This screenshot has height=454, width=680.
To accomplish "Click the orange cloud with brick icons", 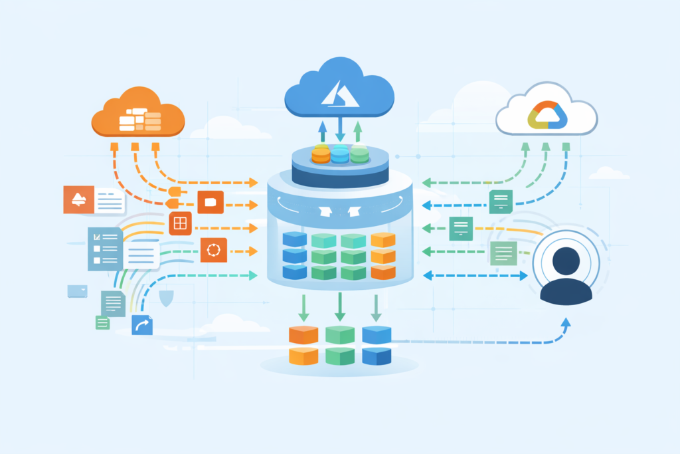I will pos(139,114).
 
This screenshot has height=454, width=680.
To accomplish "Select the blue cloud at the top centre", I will pos(339,89).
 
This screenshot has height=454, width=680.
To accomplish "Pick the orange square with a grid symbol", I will pos(180,224).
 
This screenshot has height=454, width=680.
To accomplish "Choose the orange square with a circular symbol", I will pos(213,250).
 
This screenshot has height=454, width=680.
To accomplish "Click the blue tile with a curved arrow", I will pos(142,325).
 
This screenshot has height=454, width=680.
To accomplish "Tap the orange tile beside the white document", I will pos(78,199).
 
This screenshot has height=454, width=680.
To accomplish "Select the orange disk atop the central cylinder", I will pos(321,154).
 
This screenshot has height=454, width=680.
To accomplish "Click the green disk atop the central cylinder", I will pos(359,154).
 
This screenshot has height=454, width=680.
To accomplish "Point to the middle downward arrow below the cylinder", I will pos(339,307).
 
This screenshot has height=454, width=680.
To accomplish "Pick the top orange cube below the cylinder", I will pos(303,334).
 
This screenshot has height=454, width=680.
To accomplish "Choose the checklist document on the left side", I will pos(105,249).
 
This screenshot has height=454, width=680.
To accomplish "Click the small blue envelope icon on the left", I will pos(77,290).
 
